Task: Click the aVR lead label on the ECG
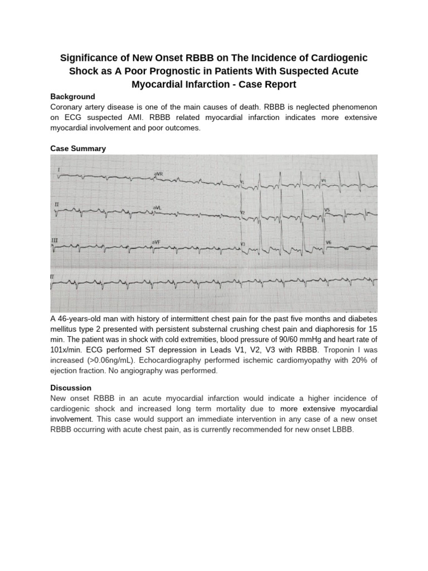tap(158, 174)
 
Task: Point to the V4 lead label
tap(324, 180)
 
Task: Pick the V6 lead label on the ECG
tap(328, 243)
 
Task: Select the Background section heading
tap(72, 96)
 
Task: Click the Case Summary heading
tap(78, 148)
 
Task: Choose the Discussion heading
tap(71, 388)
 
